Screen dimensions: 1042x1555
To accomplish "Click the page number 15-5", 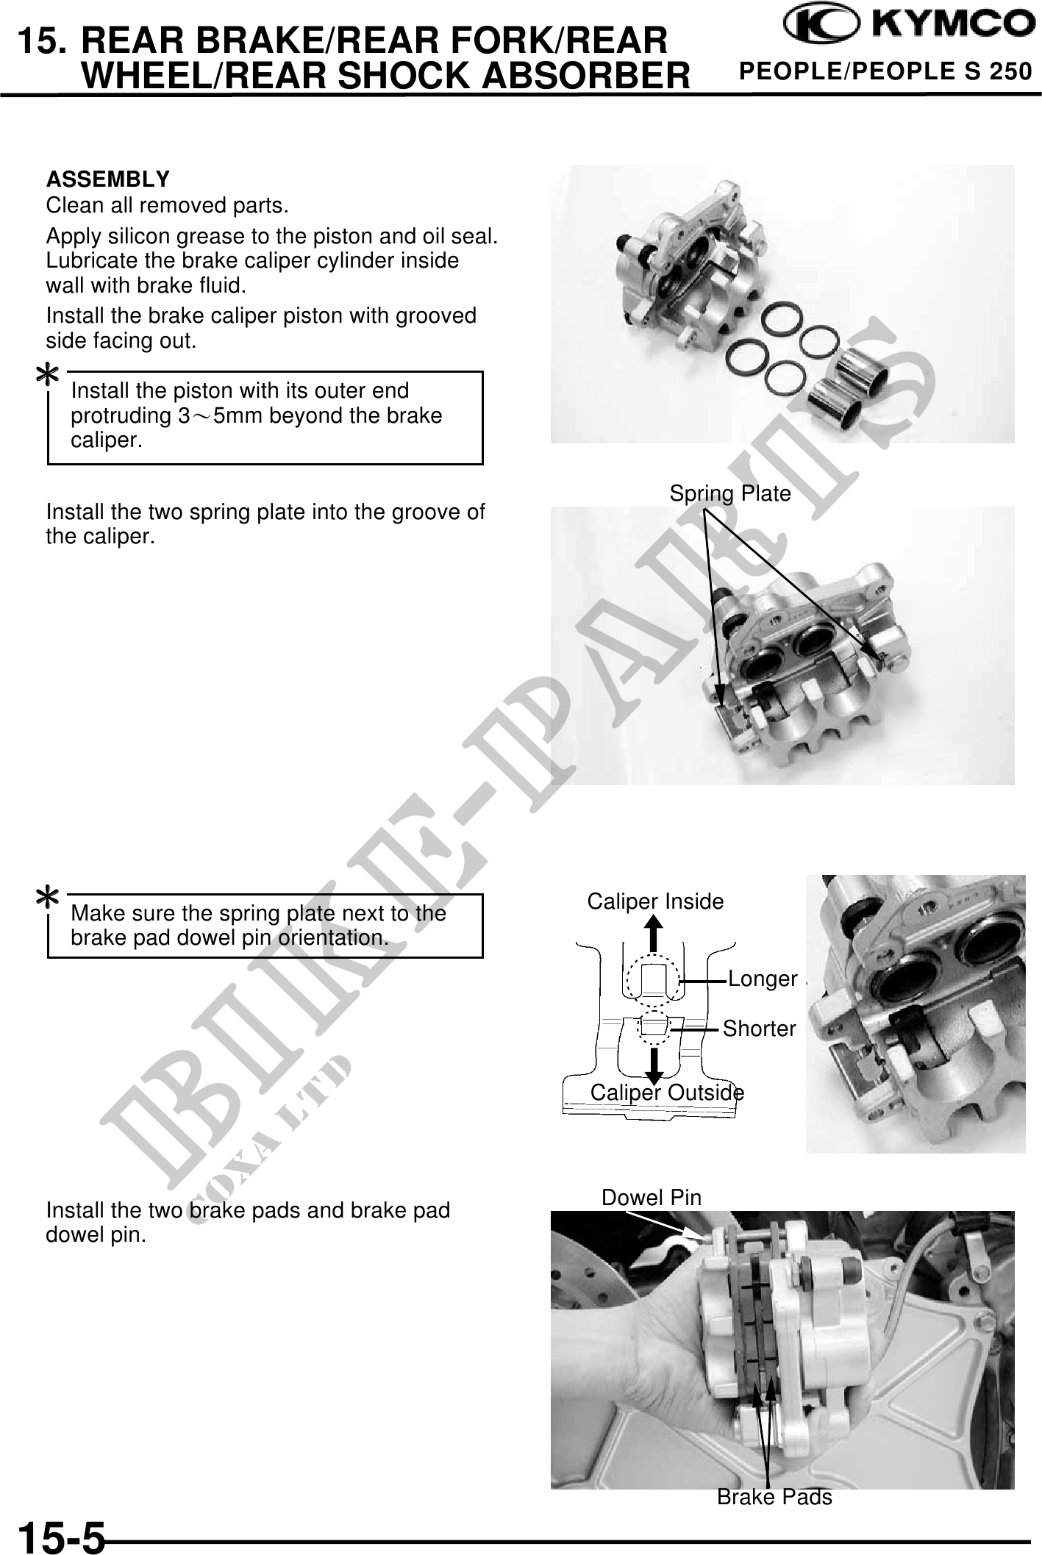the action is [x=62, y=1536].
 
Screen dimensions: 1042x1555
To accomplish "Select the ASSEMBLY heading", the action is [x=107, y=179].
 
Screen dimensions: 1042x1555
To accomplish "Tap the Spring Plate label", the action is [x=729, y=493].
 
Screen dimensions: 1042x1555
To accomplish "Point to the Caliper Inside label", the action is [x=655, y=901].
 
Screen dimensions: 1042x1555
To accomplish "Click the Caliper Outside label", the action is [x=667, y=1093].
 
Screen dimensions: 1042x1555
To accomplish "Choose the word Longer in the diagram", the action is [x=763, y=979].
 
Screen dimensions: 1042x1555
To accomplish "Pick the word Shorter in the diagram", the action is [x=759, y=1029].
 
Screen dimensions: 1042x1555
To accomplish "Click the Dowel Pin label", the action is [x=652, y=1198].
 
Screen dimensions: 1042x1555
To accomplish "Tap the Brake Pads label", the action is [x=774, y=1497].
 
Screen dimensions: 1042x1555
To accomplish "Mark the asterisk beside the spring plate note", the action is [x=49, y=899].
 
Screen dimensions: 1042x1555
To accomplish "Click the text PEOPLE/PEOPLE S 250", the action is [x=885, y=72].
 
